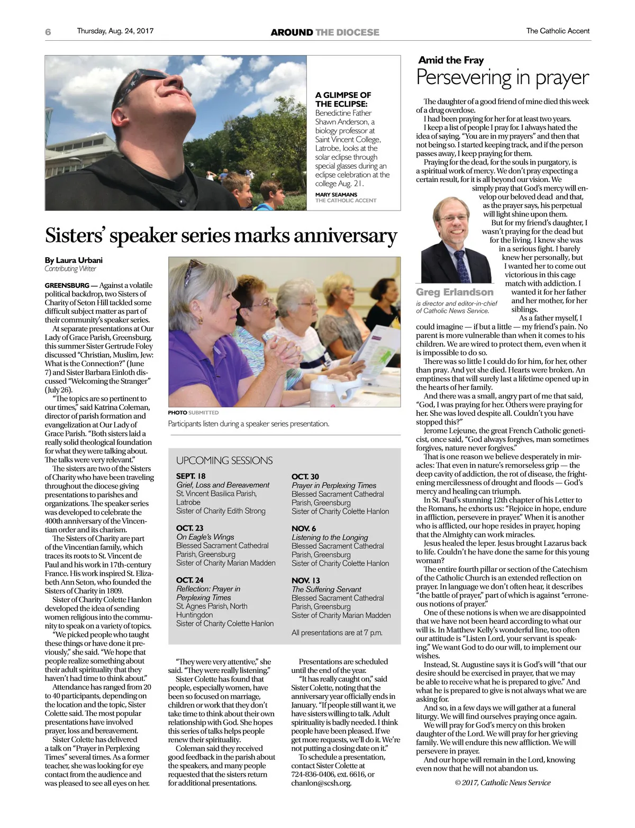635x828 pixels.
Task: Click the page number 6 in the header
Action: (x=48, y=32)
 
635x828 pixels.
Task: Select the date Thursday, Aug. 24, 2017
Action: (x=115, y=31)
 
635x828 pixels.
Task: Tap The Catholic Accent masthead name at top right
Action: (x=557, y=31)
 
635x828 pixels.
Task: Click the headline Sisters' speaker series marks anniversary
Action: (x=221, y=235)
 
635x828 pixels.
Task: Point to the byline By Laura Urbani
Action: (x=74, y=260)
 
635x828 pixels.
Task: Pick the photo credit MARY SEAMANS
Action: (x=336, y=194)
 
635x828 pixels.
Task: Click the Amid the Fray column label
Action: (x=451, y=60)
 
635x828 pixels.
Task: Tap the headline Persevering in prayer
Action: (x=502, y=78)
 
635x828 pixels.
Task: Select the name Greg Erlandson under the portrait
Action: (x=455, y=292)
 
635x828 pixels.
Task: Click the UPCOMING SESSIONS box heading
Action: (x=224, y=460)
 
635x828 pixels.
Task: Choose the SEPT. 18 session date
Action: (x=191, y=476)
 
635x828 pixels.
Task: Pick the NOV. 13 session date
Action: (x=306, y=580)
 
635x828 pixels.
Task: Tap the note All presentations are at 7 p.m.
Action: (x=337, y=632)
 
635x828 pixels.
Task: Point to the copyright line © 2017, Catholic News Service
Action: (x=503, y=782)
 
